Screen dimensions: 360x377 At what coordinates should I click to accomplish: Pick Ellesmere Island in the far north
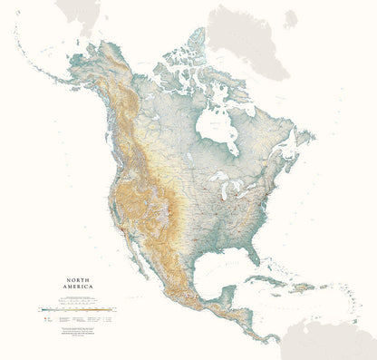pos(195,42)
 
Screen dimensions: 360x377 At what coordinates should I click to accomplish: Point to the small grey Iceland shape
pos(290,18)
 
